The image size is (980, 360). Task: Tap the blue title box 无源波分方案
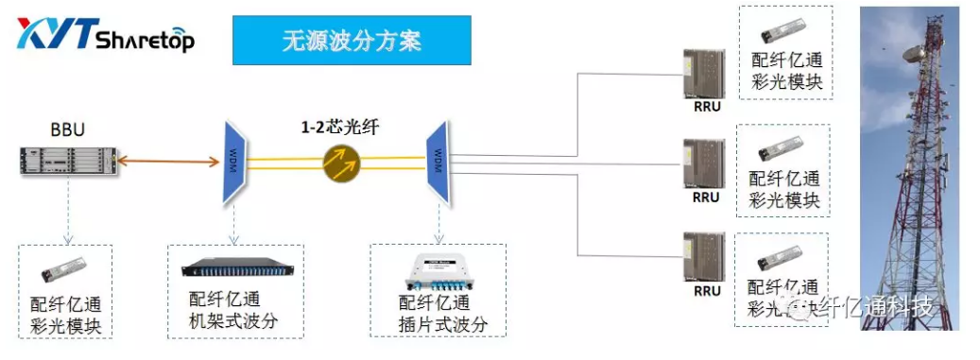point(351,41)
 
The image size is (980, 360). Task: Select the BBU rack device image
point(69,159)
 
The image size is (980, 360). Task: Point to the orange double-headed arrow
point(167,162)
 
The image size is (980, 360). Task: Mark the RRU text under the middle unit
point(706,198)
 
